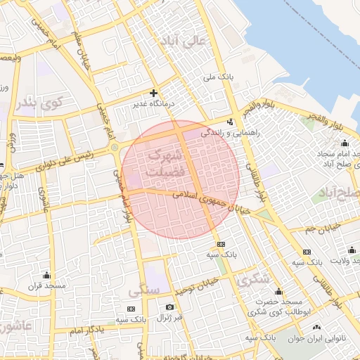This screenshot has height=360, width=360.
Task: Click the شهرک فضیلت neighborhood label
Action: [166, 162]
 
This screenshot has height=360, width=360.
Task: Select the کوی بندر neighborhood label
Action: [41, 103]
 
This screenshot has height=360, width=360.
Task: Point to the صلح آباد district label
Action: [339, 192]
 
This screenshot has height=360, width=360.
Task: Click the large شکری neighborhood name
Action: [253, 279]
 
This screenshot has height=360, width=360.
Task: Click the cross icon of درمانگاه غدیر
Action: [153, 93]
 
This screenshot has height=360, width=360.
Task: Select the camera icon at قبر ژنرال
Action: [169, 307]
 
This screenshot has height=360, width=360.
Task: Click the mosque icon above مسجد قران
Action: [47, 275]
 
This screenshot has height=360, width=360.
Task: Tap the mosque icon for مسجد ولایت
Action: [352, 250]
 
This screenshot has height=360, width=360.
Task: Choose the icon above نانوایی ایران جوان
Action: [316, 328]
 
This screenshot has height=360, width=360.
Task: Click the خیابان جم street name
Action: [324, 228]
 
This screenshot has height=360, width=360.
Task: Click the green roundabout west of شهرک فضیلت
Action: [114, 148]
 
